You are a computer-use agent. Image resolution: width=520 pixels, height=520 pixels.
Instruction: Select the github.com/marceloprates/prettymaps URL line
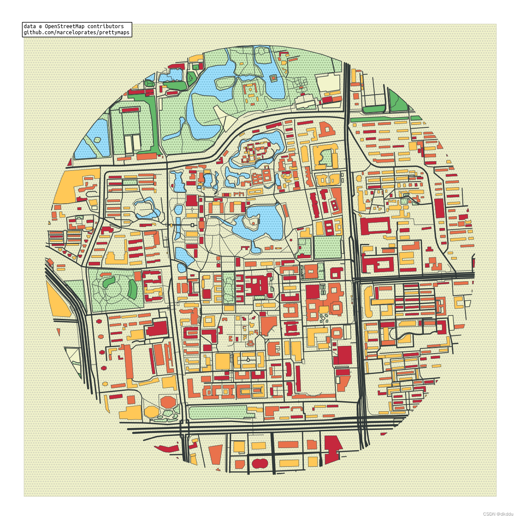76,32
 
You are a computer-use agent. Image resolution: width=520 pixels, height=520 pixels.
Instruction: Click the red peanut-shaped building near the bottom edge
260,463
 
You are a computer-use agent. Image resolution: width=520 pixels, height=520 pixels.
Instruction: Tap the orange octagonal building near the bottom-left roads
168,402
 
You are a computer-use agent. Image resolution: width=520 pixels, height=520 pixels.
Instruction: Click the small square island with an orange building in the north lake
273,78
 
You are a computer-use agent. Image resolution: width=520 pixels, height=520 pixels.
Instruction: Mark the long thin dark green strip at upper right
379,119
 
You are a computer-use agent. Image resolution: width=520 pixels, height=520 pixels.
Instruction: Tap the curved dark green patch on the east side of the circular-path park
132,289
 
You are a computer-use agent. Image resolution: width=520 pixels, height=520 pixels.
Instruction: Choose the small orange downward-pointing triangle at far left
70,162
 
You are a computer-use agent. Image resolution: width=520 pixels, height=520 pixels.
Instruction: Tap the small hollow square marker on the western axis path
192,225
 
